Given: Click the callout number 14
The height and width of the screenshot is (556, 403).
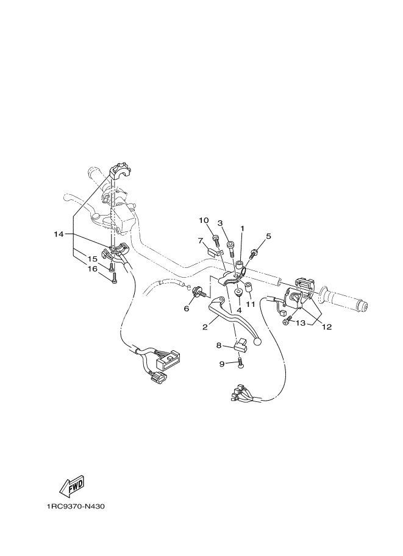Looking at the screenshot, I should point(59,234).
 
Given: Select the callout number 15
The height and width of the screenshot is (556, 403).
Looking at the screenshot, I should point(91,259).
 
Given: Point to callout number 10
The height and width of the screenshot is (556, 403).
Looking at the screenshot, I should point(204,220).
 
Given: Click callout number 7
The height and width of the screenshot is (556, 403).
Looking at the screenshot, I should point(200,241).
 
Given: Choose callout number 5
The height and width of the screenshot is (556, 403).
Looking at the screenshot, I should point(268,236).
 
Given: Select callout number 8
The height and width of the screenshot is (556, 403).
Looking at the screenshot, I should point(219,345).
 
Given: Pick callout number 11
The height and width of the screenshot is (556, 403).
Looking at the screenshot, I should point(251,303).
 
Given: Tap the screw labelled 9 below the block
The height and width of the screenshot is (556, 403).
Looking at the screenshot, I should point(240,364).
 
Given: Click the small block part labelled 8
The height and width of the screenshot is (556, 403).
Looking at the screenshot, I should point(240,347).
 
